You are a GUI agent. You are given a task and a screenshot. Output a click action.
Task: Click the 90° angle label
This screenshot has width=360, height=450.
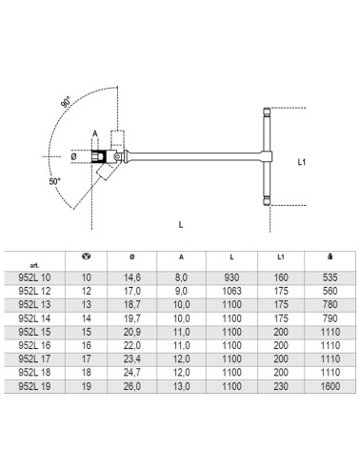[x=66, y=101]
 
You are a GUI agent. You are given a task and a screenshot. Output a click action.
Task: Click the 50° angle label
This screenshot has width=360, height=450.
[x=54, y=182]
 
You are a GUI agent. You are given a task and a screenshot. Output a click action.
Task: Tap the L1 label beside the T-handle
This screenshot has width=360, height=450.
[x=302, y=162]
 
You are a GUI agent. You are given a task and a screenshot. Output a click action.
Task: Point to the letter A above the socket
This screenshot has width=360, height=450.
[x=94, y=133]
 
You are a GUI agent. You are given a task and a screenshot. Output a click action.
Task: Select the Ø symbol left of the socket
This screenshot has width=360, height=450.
[x=73, y=156]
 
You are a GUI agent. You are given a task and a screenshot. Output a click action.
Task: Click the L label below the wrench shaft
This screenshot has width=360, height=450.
[x=181, y=225]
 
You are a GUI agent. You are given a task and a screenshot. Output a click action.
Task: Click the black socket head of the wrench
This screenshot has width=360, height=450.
[x=98, y=156]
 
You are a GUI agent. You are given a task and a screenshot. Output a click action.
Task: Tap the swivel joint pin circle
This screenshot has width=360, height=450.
[x=118, y=156]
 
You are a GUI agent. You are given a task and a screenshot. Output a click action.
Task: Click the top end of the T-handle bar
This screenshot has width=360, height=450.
[x=267, y=108]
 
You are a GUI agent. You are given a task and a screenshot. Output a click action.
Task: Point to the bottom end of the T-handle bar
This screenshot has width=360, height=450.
[x=267, y=204]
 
